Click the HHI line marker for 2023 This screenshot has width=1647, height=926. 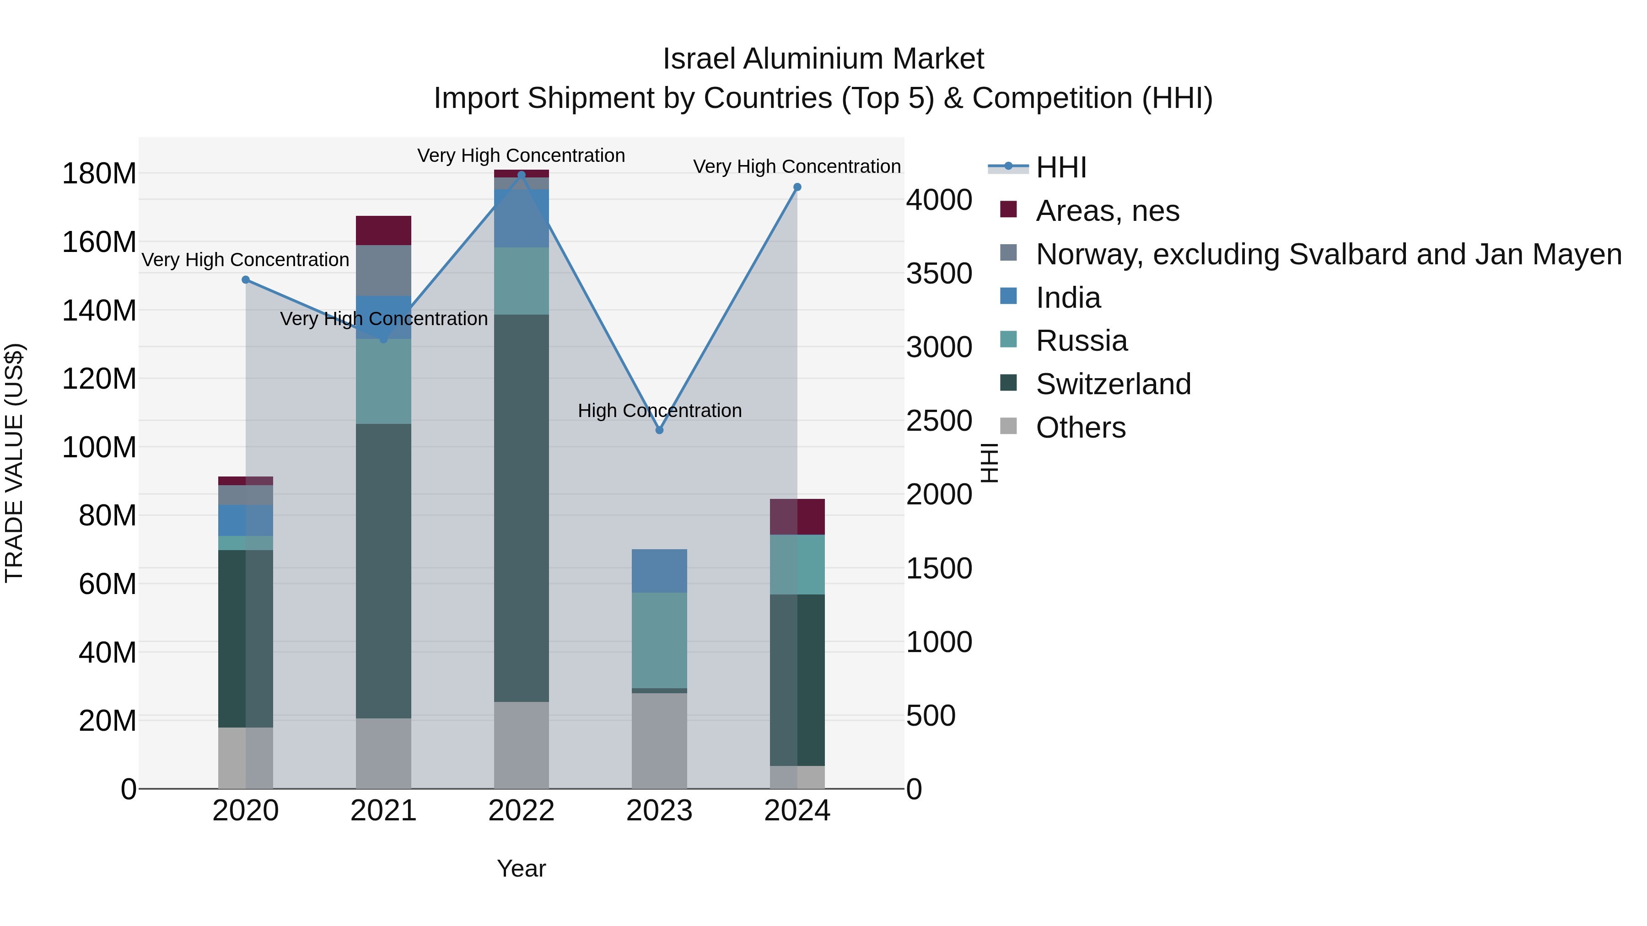pyautogui.click(x=659, y=430)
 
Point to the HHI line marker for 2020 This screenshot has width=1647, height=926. pyautogui.click(x=246, y=280)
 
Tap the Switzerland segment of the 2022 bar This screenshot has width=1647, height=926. pyautogui.click(x=521, y=508)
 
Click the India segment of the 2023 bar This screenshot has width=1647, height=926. pyautogui.click(x=659, y=571)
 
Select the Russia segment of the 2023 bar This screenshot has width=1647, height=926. pyautogui.click(x=659, y=640)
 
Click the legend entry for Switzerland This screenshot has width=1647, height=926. pyautogui.click(x=1113, y=384)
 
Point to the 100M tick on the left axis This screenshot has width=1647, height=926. pyautogui.click(x=100, y=447)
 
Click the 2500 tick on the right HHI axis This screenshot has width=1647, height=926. pyautogui.click(x=939, y=421)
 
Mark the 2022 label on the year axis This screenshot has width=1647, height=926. pyautogui.click(x=521, y=811)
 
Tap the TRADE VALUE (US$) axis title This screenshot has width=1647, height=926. pyautogui.click(x=14, y=463)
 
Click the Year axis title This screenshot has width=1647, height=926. pyautogui.click(x=521, y=868)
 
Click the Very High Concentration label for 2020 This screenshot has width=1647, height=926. pyautogui.click(x=246, y=260)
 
